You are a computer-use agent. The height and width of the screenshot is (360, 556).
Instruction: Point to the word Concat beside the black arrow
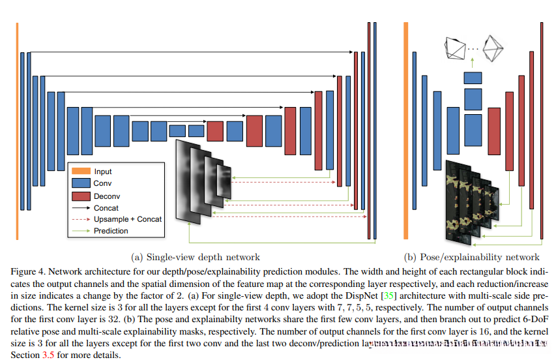click(x=107, y=207)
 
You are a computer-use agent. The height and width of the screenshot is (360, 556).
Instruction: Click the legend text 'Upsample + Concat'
click(x=128, y=219)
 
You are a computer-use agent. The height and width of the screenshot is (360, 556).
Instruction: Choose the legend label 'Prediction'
click(x=111, y=230)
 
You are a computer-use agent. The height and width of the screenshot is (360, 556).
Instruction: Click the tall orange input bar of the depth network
click(x=17, y=117)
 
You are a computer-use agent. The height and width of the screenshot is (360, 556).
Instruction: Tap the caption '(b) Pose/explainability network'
click(x=472, y=257)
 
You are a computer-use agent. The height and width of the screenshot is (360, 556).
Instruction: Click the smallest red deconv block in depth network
click(x=215, y=131)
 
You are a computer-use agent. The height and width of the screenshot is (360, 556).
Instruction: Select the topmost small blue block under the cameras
click(x=473, y=78)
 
